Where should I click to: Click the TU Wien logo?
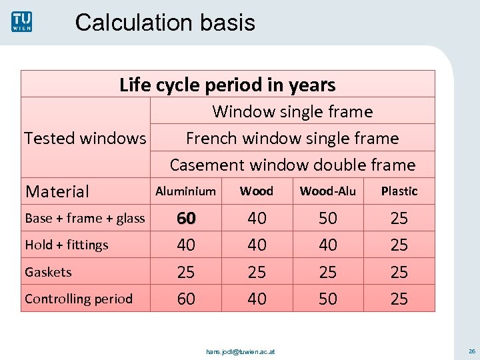(21, 21)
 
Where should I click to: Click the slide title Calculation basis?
(165, 23)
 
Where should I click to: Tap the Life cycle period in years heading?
(227, 85)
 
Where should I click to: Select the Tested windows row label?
(85, 138)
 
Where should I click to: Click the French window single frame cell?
(292, 138)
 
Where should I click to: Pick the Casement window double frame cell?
(292, 165)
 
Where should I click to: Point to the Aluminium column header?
(185, 191)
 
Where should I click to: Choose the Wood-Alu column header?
(327, 191)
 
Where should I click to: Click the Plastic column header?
(399, 191)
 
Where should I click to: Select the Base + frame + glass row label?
(85, 218)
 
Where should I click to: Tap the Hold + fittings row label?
(67, 245)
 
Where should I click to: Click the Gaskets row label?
(48, 272)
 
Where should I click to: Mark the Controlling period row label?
(79, 299)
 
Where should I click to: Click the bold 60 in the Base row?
(186, 218)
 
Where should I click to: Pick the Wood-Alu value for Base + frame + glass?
(328, 218)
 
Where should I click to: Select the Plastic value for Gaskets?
(399, 272)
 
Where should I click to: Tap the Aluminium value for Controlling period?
(186, 299)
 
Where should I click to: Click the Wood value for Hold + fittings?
(257, 245)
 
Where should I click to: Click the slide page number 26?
(471, 351)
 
